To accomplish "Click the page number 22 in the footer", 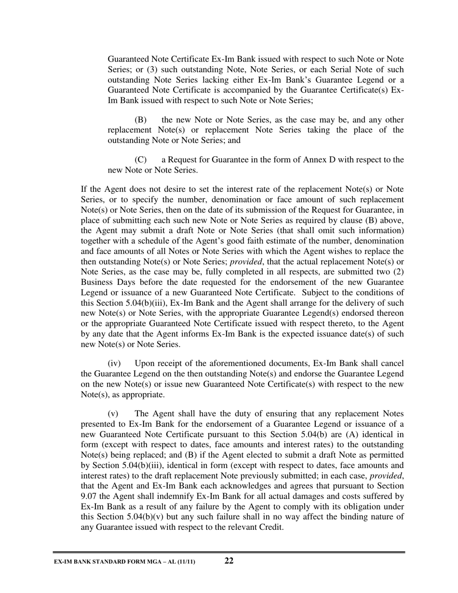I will pos(229,560).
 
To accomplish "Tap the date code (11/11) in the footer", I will pos(185,562).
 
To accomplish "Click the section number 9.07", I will pos(89,496).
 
